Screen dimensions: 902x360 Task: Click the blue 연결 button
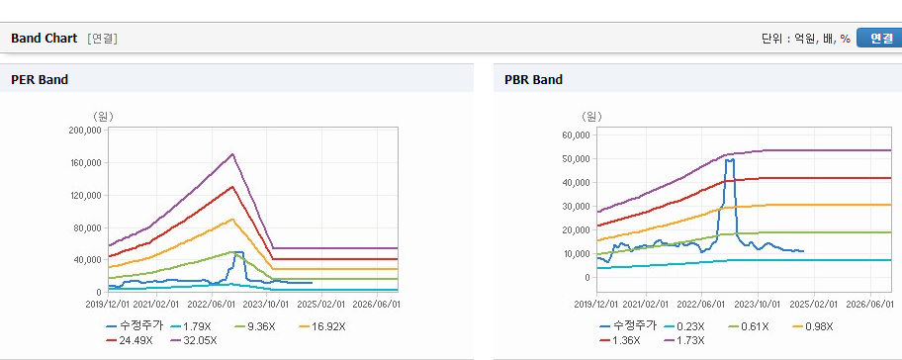click(879, 38)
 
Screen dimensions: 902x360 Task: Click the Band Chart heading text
click(44, 39)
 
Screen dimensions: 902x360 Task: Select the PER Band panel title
click(40, 80)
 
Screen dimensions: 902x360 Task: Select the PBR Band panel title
click(533, 80)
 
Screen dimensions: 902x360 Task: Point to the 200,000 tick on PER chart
click(85, 131)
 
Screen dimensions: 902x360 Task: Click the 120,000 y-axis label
click(85, 196)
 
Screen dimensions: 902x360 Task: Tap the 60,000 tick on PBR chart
click(576, 135)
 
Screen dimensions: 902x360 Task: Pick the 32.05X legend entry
click(194, 340)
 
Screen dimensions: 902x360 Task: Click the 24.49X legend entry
click(130, 340)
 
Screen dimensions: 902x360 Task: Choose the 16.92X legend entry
click(322, 326)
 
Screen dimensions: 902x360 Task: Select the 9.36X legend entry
click(255, 326)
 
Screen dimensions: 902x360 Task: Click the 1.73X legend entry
click(684, 340)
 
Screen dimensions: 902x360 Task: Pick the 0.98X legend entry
click(812, 326)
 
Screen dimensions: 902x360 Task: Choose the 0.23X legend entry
click(684, 326)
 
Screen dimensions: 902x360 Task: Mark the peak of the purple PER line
click(232, 153)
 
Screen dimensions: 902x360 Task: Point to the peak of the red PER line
click(232, 186)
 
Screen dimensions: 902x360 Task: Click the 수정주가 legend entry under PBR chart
click(628, 326)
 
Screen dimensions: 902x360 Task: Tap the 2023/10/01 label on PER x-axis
click(267, 304)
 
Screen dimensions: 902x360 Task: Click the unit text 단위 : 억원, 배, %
click(806, 39)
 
